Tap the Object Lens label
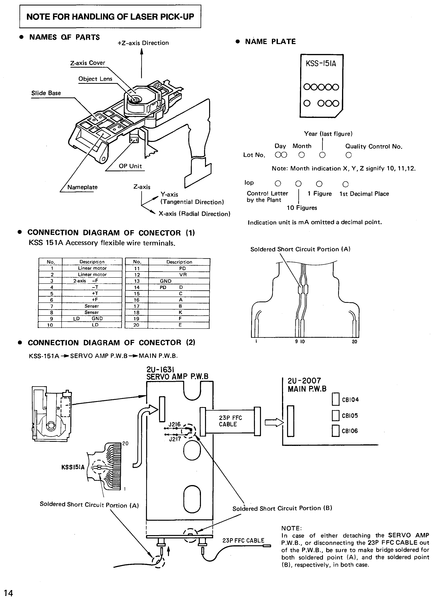pos(95,79)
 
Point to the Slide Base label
pos(46,93)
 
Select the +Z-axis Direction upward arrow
pos(141,63)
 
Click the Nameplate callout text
pos(82,187)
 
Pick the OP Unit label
pos(130,166)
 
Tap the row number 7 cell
pos(52,306)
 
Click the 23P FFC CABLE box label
pos(230,421)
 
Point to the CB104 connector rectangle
pos(336,399)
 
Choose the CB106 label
pos(350,431)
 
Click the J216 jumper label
pos(174,424)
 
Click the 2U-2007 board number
pos(304,381)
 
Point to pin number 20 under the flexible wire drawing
pos(355,342)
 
